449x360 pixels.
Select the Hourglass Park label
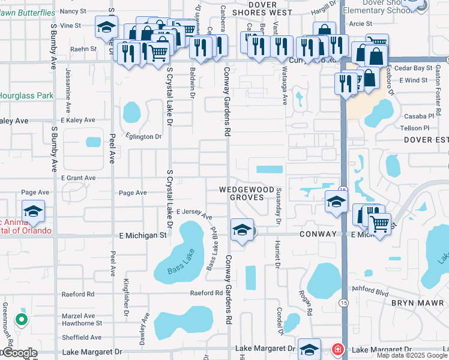point(26,95)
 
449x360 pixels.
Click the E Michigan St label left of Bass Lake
point(143,236)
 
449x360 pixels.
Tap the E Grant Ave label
point(78,178)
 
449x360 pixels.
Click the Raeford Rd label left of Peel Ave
point(78,294)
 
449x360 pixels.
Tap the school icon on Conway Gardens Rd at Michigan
point(242,230)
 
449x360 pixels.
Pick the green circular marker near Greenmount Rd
point(22,319)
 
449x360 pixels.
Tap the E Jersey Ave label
point(194,213)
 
